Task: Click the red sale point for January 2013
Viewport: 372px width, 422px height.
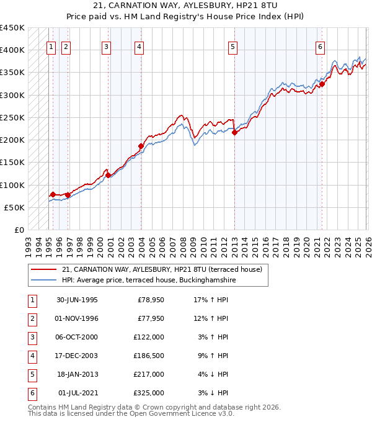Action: point(234,132)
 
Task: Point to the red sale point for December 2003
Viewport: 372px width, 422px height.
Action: point(141,146)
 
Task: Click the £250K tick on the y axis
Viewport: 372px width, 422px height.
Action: point(12,117)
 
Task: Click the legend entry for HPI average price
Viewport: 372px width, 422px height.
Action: point(148,281)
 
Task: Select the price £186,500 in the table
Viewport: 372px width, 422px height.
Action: point(149,356)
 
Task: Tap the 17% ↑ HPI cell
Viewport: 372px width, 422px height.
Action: point(211,300)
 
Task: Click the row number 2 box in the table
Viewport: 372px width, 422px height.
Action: point(32,318)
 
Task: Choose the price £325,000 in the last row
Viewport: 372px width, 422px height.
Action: point(149,393)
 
